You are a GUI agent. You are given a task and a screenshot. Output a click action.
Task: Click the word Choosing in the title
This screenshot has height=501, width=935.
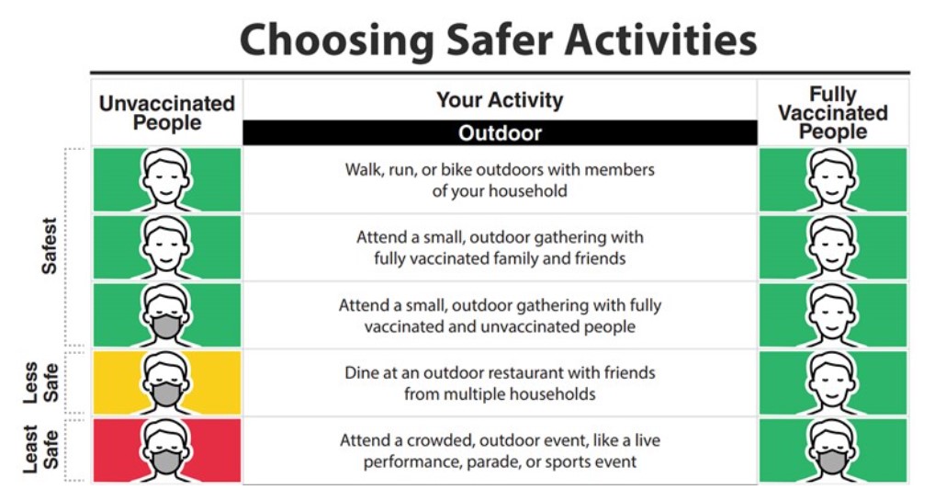337,40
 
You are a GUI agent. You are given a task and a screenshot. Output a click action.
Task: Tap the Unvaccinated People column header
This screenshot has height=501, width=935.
167,113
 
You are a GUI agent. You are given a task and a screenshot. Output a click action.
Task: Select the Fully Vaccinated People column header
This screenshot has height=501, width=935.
833,113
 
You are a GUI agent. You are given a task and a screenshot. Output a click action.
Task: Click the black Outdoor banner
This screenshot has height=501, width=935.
500,132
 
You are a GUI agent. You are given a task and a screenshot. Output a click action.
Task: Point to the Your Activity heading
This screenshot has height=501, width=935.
500,99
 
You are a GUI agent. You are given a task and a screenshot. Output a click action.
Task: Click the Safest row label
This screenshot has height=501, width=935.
49,245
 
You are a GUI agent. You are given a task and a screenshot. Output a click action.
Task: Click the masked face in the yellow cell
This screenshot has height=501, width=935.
166,382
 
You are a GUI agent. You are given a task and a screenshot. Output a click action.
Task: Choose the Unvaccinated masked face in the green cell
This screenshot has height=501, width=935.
166,314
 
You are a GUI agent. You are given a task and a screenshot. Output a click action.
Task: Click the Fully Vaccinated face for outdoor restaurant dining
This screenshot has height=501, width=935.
832,382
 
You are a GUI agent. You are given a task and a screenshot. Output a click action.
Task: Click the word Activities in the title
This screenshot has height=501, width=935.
660,40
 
